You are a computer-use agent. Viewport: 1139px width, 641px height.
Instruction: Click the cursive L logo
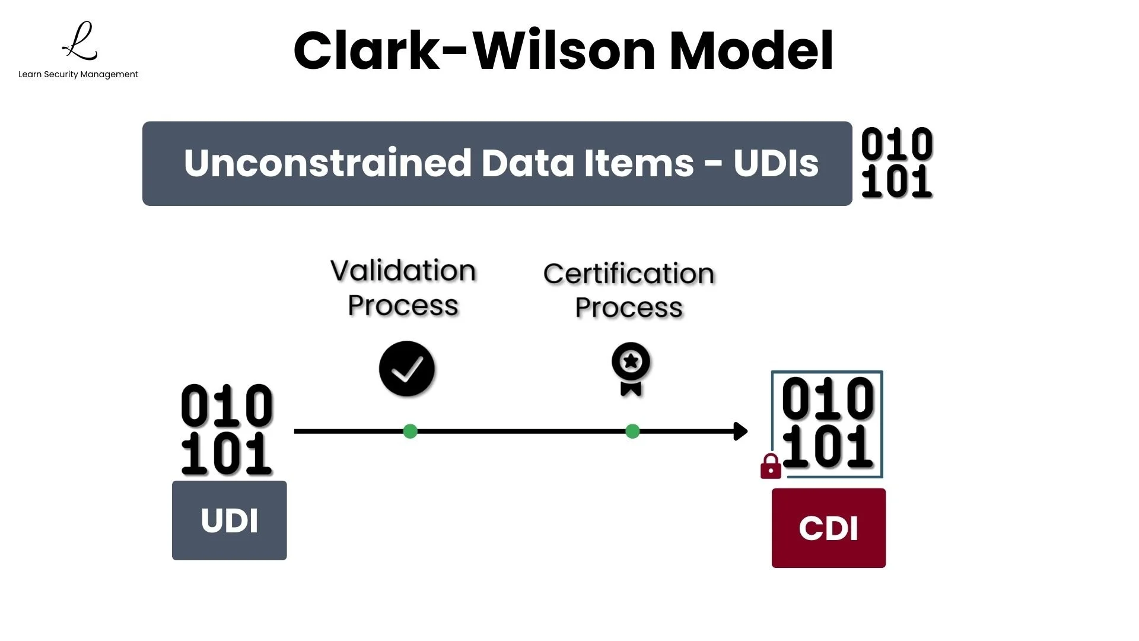point(80,42)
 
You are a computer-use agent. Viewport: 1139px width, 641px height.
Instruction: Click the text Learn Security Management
point(78,74)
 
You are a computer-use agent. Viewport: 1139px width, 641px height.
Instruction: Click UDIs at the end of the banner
point(775,163)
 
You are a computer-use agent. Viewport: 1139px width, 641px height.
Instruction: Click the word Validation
point(403,271)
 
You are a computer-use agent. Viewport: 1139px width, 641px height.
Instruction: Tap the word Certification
point(629,274)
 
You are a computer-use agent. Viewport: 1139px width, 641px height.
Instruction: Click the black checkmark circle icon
point(407,369)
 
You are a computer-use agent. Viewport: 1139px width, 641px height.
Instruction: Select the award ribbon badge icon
point(631,368)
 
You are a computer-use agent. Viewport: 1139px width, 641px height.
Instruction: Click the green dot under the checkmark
point(410,431)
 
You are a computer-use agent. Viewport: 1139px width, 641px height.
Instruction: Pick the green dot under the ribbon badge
point(632,431)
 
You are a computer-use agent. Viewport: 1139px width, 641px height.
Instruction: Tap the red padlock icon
point(771,467)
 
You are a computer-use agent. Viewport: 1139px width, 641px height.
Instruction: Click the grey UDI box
point(230,521)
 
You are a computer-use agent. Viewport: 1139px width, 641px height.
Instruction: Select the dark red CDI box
point(828,528)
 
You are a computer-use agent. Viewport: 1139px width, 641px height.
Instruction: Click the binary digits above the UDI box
point(227,430)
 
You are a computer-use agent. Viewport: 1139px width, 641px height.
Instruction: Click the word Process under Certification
point(629,307)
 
